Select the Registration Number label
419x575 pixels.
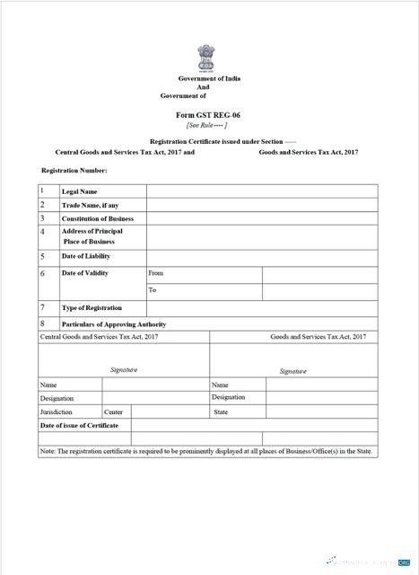[x=74, y=170]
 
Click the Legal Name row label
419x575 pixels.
[x=79, y=191]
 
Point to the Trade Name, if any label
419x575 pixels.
[x=90, y=205]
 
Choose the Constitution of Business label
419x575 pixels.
[x=97, y=218]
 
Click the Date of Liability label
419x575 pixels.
[x=85, y=256]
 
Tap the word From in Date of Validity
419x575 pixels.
[x=156, y=272]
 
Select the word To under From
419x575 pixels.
[x=153, y=290]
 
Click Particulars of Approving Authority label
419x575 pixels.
[x=113, y=323]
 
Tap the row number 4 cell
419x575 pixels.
[x=42, y=232]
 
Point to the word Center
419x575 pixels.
[x=113, y=411]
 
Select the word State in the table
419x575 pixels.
[x=221, y=411]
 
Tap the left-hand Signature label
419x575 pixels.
[x=124, y=369]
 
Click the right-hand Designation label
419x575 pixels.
[x=229, y=397]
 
